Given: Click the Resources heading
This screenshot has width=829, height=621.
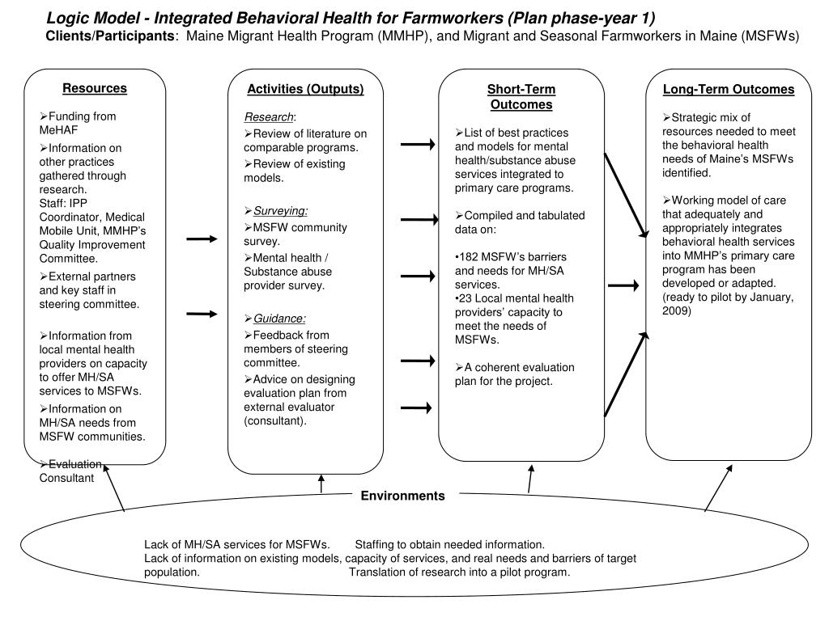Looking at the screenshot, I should coord(95,88).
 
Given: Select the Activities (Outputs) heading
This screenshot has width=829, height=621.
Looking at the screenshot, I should coord(305,89).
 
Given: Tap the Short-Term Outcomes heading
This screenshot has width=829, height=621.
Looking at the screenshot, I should coord(521,97).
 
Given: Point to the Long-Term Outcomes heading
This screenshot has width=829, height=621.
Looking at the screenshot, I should coord(729,90).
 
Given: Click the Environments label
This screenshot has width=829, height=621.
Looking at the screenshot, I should coord(402,496).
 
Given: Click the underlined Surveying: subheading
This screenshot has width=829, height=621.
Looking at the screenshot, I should coord(280,210).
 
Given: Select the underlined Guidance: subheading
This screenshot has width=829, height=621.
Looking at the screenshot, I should coord(279,319).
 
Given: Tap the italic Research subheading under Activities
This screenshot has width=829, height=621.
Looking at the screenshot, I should coord(264,116).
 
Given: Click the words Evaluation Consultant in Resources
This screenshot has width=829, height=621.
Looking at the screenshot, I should coord(71,471).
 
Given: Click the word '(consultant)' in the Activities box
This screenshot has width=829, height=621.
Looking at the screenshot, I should coord(275,421).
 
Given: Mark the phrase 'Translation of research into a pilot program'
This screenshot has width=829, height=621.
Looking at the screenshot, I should coord(460,572).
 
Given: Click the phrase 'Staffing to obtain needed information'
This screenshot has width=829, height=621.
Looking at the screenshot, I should coord(450,544).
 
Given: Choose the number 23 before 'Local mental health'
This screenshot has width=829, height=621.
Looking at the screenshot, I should coord(465,297).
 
